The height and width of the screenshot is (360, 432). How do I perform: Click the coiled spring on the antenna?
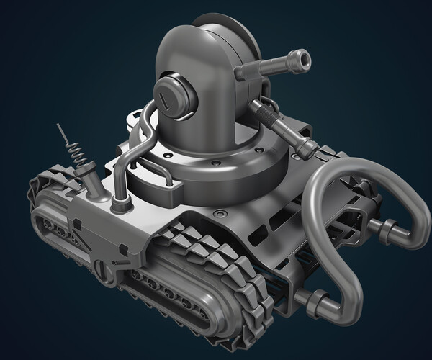[75, 154]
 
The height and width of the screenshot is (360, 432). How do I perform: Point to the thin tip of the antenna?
[60, 128]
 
